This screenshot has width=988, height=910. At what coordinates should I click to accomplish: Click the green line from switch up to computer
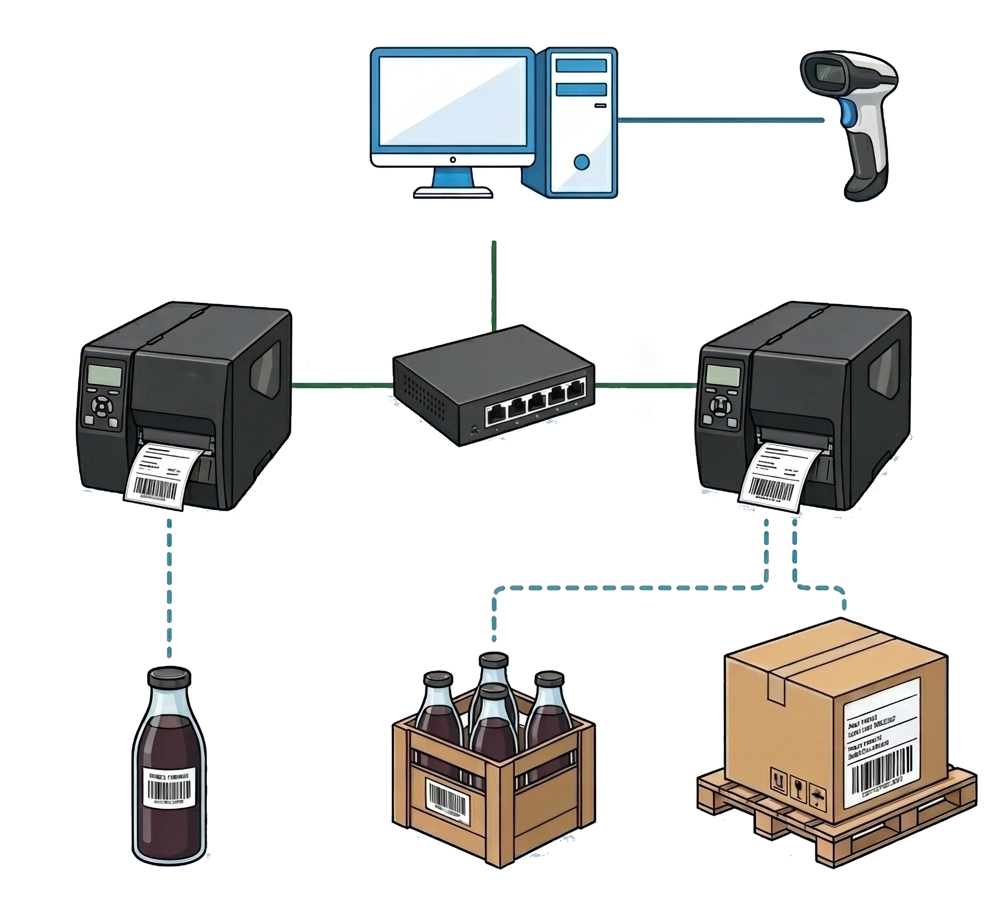coord(493,285)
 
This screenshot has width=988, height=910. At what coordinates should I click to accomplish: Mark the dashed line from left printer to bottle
coord(170,586)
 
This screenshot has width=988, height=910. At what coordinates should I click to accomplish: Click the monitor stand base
coord(453,192)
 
